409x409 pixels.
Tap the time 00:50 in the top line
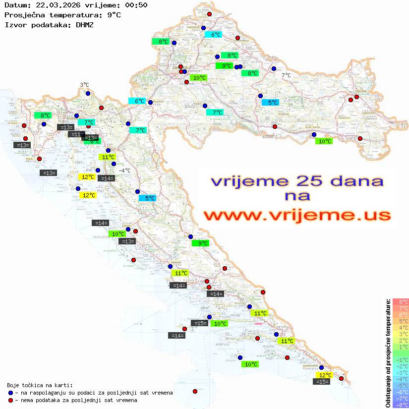[136, 5]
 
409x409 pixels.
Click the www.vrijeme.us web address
[296, 215]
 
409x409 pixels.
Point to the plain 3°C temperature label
[84, 85]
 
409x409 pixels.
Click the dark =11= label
[76, 134]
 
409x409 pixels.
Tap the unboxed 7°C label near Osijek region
[287, 75]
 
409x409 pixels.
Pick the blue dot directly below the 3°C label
[88, 93]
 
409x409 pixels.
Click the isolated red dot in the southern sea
[195, 391]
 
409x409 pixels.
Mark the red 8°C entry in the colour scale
[401, 301]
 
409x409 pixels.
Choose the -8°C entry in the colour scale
[401, 405]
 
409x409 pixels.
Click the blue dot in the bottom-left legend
[10, 393]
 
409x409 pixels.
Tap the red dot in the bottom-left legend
[10, 400]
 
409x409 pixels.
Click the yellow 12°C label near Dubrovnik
[325, 375]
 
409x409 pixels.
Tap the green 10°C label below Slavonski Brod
[324, 141]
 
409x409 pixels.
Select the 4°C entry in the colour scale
[401, 327]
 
